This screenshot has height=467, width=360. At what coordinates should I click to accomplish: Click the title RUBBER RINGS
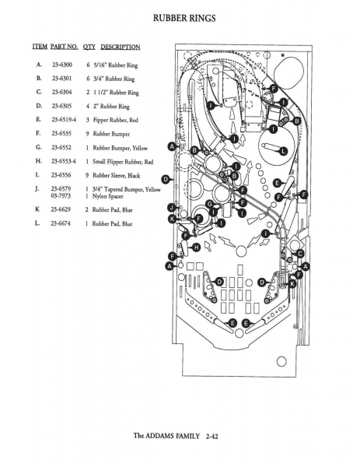(184, 18)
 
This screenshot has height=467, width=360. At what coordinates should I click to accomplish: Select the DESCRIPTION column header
(121, 47)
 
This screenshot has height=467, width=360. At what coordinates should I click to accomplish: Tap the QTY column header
(89, 47)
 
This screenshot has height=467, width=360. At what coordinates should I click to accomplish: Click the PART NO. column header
(65, 47)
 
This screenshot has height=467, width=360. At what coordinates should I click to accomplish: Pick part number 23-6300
(62, 65)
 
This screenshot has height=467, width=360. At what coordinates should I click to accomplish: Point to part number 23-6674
(61, 223)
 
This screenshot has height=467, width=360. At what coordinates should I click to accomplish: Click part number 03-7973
(61, 195)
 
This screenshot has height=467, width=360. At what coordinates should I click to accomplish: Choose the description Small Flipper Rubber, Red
(123, 162)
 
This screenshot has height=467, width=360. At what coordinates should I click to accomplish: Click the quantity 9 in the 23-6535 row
(87, 134)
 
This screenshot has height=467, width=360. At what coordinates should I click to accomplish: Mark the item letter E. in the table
(38, 119)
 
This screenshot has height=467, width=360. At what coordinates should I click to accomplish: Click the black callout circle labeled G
(210, 204)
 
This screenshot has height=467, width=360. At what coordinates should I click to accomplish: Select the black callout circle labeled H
(197, 248)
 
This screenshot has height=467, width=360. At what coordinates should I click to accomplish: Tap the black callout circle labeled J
(172, 208)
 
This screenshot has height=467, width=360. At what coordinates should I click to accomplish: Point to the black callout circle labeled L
(283, 151)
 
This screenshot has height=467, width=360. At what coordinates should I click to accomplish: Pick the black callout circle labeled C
(300, 254)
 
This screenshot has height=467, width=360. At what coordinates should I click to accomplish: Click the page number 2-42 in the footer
(211, 437)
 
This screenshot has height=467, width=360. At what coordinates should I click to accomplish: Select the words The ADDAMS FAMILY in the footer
(166, 436)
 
